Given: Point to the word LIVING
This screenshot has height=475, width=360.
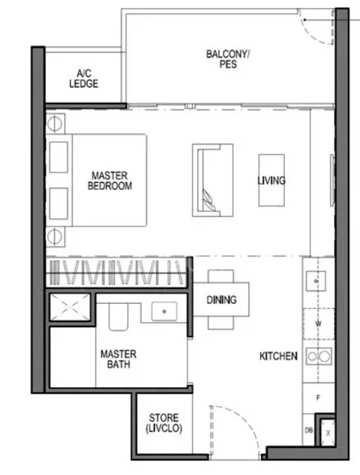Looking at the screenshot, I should (x=271, y=180).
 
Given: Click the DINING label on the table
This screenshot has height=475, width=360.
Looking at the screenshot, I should (x=222, y=300).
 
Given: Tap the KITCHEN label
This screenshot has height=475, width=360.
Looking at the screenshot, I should (x=279, y=356).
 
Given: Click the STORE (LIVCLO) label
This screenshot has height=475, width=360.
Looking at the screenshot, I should (x=164, y=423).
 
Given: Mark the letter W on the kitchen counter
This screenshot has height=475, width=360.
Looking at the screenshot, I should (x=317, y=323).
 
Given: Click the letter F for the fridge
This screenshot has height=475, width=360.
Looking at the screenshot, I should (x=317, y=399).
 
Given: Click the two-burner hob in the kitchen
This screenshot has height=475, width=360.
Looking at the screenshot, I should (x=318, y=357).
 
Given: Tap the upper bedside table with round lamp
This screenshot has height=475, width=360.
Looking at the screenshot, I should (x=56, y=123).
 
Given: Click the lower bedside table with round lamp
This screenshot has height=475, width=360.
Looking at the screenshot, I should (x=56, y=234).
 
